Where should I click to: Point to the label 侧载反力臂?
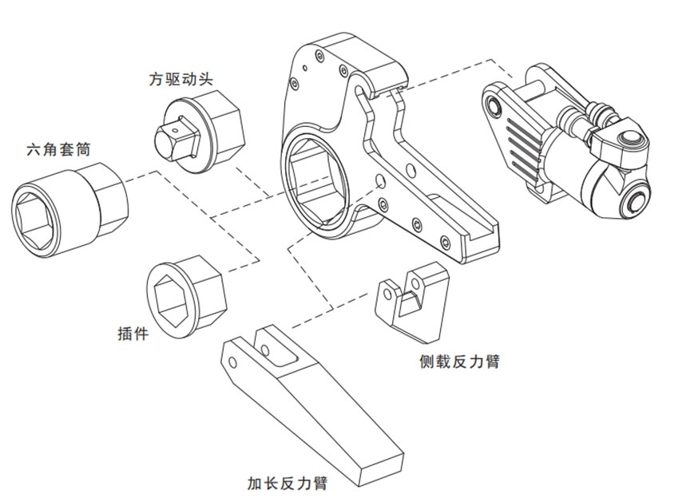[x=459, y=362]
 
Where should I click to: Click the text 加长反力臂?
[x=288, y=483]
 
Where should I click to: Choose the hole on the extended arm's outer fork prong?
[x=233, y=362]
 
